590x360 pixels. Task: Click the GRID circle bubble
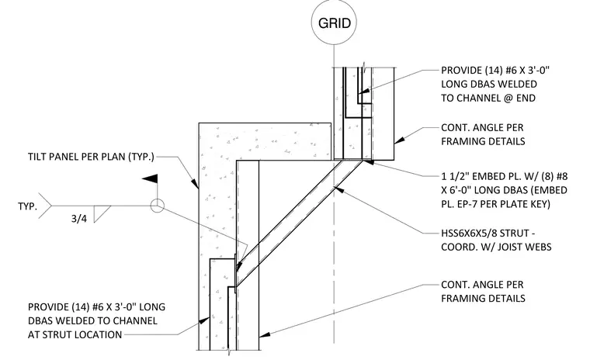[334, 22]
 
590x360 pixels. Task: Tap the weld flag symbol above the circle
[151, 179]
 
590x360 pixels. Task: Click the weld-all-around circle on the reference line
[158, 206]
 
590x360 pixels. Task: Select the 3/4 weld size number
[79, 219]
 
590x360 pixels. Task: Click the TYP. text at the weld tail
[27, 206]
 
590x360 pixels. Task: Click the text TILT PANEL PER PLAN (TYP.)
[91, 157]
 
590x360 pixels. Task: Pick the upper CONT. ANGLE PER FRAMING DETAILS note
[483, 134]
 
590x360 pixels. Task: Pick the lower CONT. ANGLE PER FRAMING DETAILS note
[483, 291]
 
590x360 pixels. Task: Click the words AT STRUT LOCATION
[75, 334]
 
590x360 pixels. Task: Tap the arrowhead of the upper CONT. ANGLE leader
[400, 140]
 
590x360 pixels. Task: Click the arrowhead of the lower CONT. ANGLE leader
[265, 334]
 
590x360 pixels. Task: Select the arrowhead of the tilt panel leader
[195, 184]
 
